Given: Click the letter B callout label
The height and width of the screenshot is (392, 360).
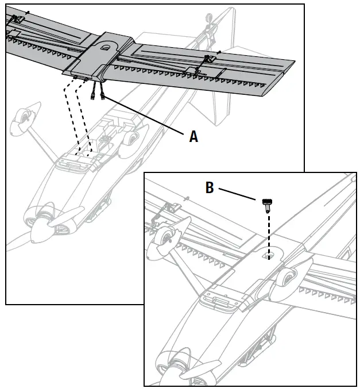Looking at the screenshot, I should pyautogui.click(x=210, y=188).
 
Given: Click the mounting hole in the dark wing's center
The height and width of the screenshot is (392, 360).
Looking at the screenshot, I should pyautogui.click(x=107, y=49).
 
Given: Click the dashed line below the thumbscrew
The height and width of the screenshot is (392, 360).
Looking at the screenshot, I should pyautogui.click(x=268, y=233).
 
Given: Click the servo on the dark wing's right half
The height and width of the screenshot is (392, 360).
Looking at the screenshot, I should pyautogui.click(x=210, y=59).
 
